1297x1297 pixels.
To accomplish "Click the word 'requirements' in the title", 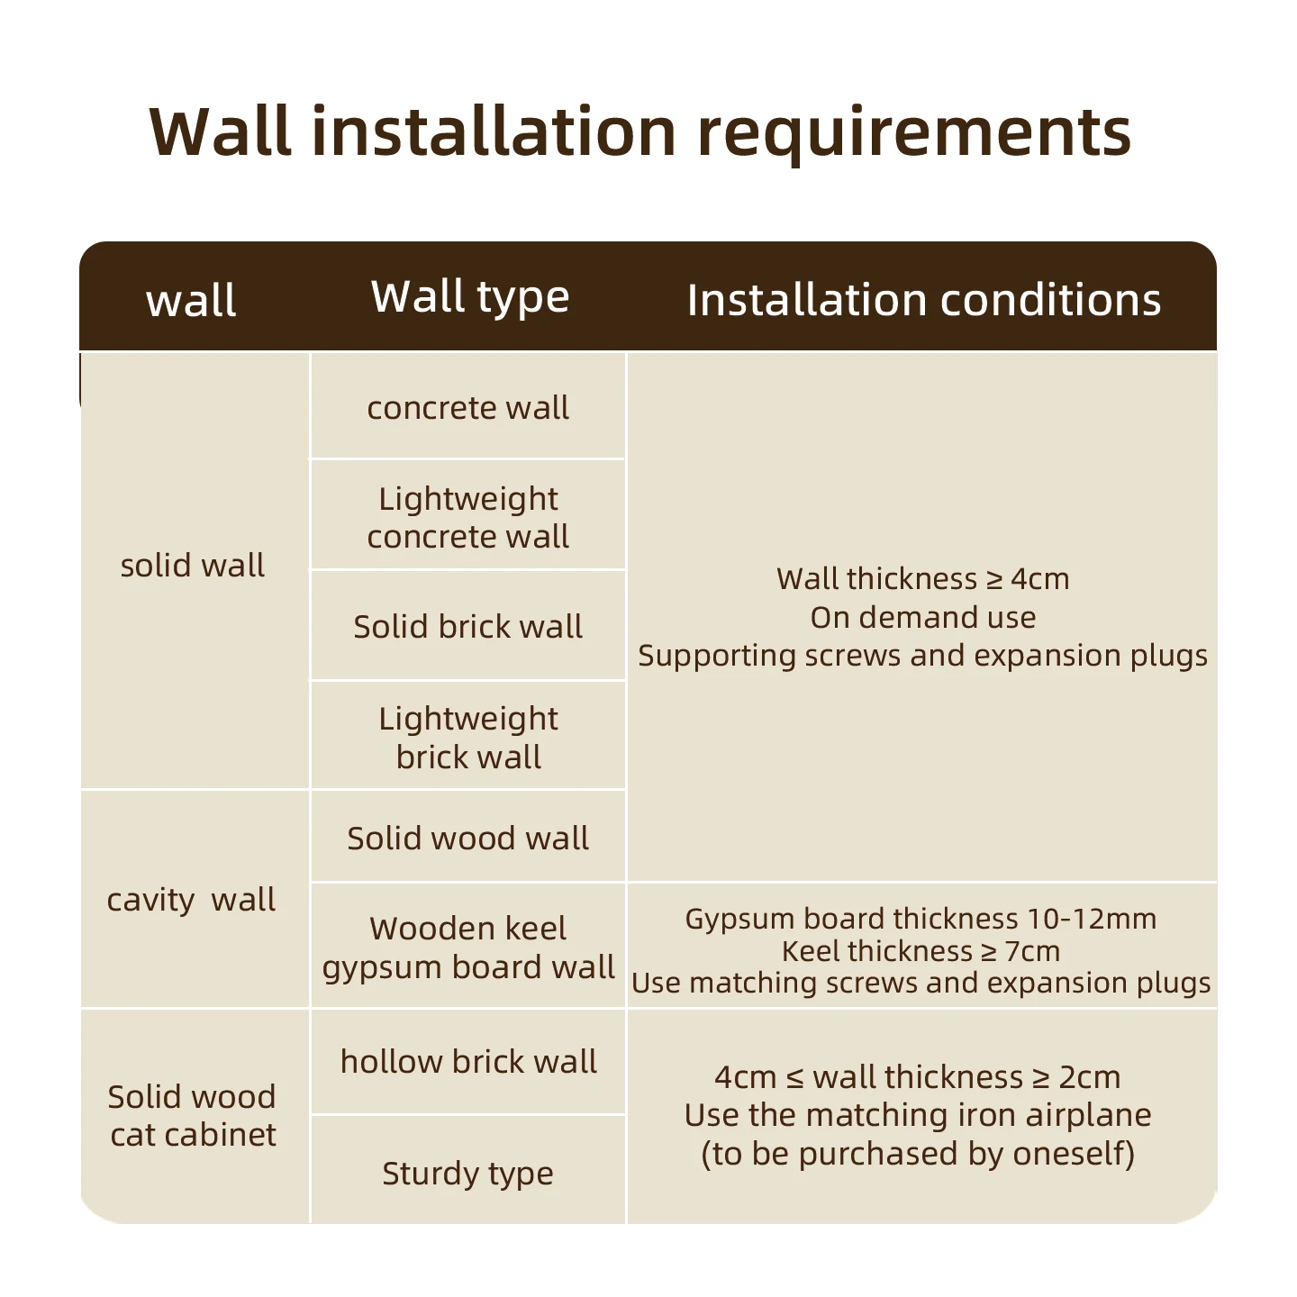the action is coord(914,133).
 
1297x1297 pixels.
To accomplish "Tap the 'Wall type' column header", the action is coord(470,297).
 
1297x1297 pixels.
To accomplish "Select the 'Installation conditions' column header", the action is coord(924,300).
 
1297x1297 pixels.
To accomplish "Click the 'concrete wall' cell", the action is coord(468,408).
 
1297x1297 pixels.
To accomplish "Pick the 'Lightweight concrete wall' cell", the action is coord(468,517).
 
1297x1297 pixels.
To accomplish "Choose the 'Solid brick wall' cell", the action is coord(468,626).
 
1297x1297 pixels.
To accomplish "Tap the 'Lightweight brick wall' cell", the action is coord(468,738).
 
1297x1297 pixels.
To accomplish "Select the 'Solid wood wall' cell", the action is coord(468,838).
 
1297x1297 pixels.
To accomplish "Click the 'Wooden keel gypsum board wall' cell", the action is coord(468,948).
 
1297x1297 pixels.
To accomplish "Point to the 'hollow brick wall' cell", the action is coord(468,1062).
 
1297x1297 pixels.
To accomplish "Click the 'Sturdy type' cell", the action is coord(468,1173).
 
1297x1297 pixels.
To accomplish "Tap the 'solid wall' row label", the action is coord(193,566).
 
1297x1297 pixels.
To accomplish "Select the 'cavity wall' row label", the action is coord(191,900).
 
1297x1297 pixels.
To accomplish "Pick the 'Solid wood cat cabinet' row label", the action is coord(193,1116).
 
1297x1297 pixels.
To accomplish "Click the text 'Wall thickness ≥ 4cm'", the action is coord(923,578).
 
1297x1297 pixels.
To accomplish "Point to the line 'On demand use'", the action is coord(923,617).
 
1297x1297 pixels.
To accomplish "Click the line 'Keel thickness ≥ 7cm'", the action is coord(921,951).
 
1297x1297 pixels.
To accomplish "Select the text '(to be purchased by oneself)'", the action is coord(918,1154).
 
